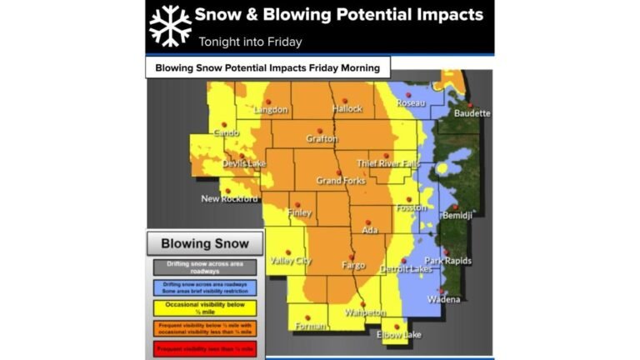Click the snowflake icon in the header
[170, 25]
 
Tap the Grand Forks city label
[341, 181]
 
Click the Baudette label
[472, 113]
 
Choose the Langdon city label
[271, 110]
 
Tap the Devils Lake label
[243, 163]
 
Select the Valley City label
[291, 261]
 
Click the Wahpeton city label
[362, 312]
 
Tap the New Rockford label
[229, 199]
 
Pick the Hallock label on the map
[347, 109]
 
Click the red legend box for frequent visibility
[204, 347]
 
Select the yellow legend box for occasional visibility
[204, 307]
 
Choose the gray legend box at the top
[204, 267]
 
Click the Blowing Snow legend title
[204, 243]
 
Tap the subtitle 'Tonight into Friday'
[250, 42]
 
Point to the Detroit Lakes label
[406, 269]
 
